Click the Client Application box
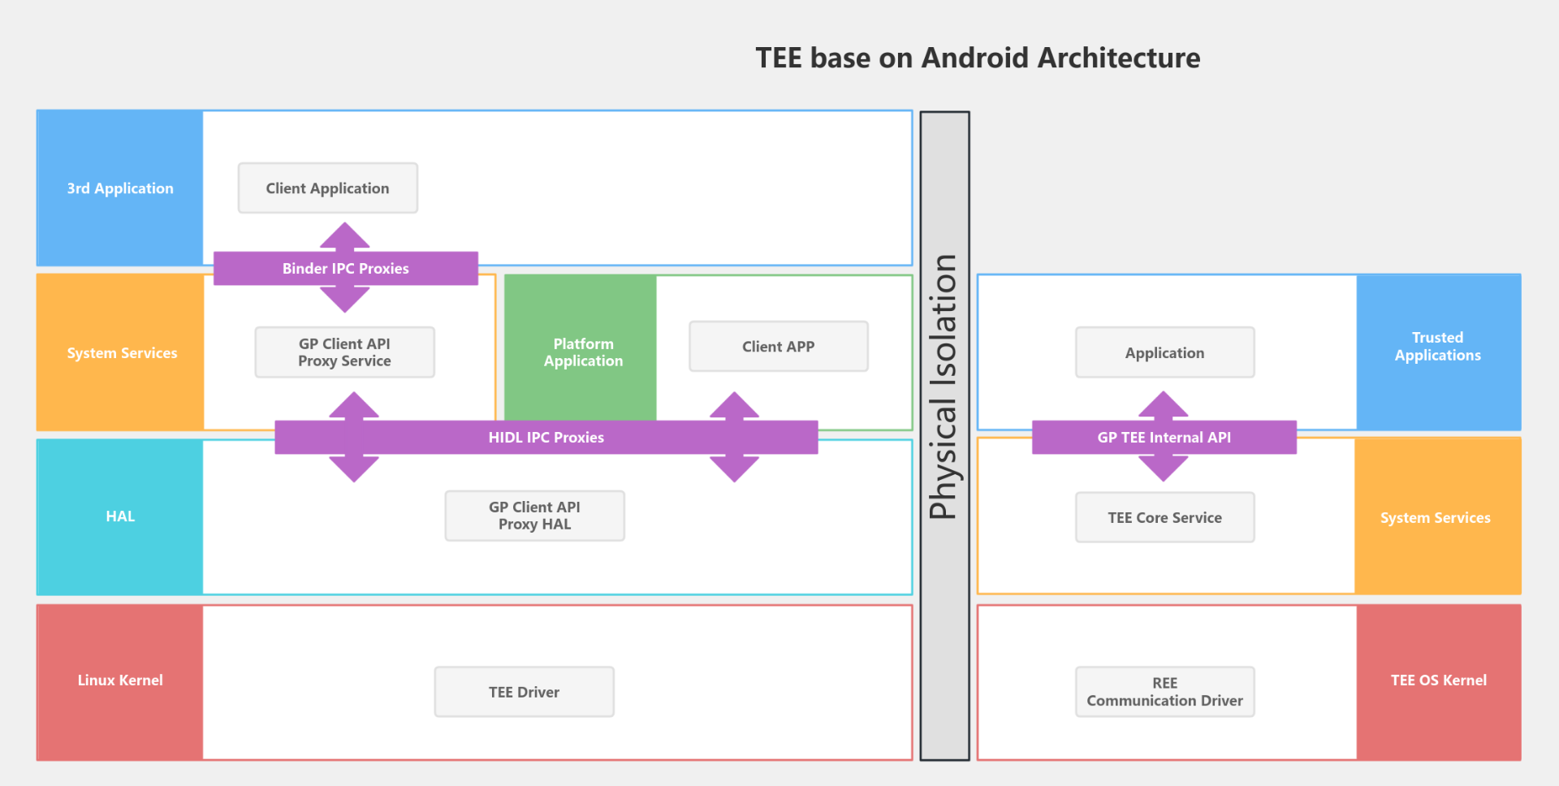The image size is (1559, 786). click(x=327, y=188)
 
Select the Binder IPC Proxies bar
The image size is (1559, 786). click(x=345, y=269)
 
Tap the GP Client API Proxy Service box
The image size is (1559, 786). click(x=344, y=352)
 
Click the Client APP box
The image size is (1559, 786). click(x=778, y=347)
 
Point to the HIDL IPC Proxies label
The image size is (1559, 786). click(x=546, y=438)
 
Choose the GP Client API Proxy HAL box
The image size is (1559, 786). click(x=534, y=516)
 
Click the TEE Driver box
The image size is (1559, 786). click(x=524, y=692)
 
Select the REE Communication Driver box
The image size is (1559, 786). click(x=1164, y=692)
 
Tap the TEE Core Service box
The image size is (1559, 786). click(x=1164, y=517)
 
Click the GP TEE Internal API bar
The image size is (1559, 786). click(x=1164, y=438)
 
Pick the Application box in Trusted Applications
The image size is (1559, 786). click(x=1164, y=353)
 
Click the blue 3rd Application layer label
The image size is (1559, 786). click(x=120, y=188)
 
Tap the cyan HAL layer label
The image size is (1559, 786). click(x=120, y=516)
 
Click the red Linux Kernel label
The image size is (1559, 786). click(x=120, y=680)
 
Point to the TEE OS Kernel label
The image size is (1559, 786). click(x=1438, y=680)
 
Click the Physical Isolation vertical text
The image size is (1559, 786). click(x=944, y=387)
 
